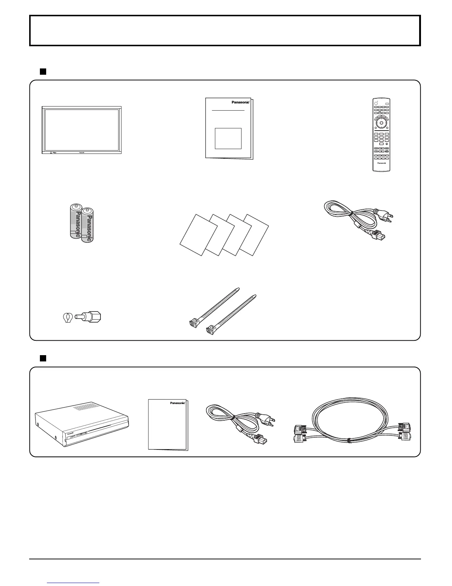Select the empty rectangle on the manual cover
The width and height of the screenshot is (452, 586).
pyautogui.click(x=228, y=138)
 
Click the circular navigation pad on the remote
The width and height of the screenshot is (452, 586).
pyautogui.click(x=381, y=121)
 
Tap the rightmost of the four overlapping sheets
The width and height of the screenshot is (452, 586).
pyautogui.click(x=254, y=235)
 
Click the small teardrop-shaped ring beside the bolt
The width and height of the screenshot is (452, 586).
pyautogui.click(x=68, y=317)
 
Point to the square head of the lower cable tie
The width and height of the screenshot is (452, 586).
pyautogui.click(x=212, y=330)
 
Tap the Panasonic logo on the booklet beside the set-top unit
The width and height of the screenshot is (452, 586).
pyautogui.click(x=177, y=403)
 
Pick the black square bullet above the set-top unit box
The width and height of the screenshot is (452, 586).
pyautogui.click(x=42, y=358)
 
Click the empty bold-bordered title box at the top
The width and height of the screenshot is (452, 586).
pyautogui.click(x=225, y=30)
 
